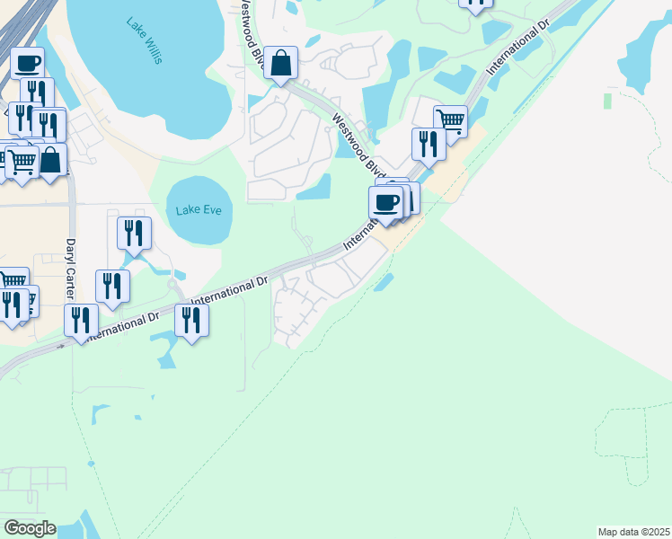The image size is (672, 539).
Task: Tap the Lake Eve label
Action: (x=199, y=210)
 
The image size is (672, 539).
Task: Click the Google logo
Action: (x=30, y=528)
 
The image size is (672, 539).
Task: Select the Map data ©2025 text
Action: (x=633, y=532)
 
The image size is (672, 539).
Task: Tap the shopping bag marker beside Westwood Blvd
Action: (x=281, y=64)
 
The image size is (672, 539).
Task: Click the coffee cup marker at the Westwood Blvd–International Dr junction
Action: (x=386, y=203)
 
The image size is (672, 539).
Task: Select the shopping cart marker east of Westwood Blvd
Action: (x=450, y=119)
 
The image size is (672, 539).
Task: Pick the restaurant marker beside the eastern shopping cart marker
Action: (x=429, y=144)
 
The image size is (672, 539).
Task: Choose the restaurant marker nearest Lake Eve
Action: (x=134, y=234)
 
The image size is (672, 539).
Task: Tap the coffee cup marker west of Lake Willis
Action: (x=28, y=63)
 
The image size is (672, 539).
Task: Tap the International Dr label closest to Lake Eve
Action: (x=230, y=290)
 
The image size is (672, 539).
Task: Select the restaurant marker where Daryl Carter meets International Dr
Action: (x=81, y=321)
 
